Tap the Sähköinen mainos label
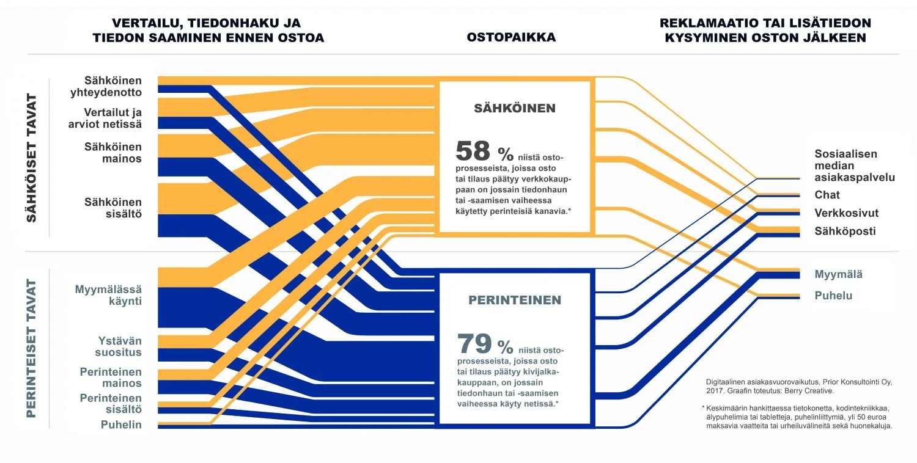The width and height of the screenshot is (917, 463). coord(113,153)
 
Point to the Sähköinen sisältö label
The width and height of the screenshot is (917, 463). coord(113,208)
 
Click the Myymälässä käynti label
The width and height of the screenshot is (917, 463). coord(108,295)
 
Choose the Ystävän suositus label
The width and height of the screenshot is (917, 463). coord(120,346)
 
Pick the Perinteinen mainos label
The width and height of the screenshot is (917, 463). coord(111,377)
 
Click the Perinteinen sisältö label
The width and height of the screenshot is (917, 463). coord(111,403)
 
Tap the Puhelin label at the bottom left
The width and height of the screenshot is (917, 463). coord(122,425)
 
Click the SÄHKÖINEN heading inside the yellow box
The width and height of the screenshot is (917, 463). coord(515,108)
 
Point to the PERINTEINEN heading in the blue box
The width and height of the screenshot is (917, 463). coord(514,300)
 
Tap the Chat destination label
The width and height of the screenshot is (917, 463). coord(827,195)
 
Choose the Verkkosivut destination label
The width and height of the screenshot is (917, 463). coord(846,213)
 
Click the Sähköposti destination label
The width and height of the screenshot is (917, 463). coord(845,231)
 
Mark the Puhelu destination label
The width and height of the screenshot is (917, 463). coord(833,296)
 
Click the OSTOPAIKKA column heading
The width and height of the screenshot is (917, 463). coord(511,37)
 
